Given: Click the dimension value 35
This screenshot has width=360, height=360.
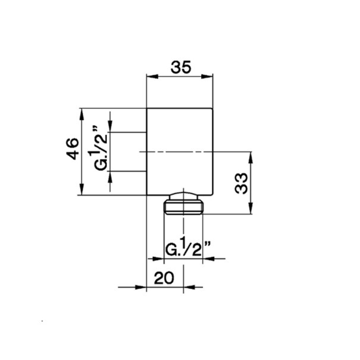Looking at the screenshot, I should coord(180,67).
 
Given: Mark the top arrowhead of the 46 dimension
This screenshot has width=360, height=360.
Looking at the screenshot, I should coord(81,112).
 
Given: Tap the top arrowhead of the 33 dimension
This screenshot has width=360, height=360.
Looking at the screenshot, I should coord(250,156).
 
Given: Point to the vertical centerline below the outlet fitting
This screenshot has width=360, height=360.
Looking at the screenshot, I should coord(183,226).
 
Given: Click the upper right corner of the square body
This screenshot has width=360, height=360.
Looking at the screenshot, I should coord(212,109).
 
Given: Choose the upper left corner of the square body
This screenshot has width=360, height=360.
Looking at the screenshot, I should coord(147,109).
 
